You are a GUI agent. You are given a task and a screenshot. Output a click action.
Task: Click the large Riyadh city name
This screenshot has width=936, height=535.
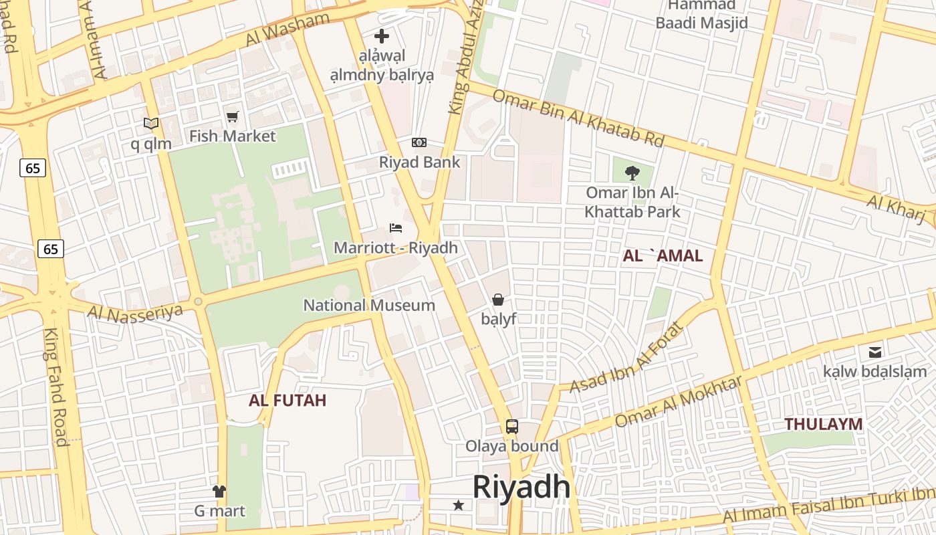tap(521, 487)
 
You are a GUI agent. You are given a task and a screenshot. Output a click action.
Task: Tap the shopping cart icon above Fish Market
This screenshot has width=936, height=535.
tap(232, 117)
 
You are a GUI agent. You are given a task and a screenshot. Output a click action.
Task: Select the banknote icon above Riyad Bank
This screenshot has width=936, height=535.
tap(419, 142)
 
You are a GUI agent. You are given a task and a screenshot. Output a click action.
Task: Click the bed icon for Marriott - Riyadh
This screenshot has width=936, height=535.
tap(396, 228)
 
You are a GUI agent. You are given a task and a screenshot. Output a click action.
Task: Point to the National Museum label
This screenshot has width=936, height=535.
tap(369, 306)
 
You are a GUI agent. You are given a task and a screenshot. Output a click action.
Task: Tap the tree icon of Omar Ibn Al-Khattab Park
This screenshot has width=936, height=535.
tap(632, 173)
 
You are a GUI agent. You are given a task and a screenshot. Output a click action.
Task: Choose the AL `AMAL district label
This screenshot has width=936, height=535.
tap(663, 255)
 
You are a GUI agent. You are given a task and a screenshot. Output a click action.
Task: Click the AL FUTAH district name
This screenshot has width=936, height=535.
tap(287, 401)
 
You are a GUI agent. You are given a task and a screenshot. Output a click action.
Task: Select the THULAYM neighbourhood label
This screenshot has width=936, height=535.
tap(823, 424)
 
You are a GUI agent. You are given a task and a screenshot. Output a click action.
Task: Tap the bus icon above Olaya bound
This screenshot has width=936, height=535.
tap(511, 426)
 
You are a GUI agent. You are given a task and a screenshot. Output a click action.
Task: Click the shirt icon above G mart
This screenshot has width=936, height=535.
tap(219, 492)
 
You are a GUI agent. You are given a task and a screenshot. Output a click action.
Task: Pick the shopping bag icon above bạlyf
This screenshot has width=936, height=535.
tap(498, 299)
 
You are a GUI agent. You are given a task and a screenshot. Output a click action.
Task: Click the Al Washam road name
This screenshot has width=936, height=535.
tap(287, 29)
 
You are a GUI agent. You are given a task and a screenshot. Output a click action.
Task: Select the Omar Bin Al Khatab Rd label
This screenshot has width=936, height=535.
tap(578, 118)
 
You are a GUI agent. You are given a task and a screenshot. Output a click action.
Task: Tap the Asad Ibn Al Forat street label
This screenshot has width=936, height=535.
tap(628, 358)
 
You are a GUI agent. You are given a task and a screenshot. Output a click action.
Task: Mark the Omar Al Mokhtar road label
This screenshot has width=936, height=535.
tap(678, 401)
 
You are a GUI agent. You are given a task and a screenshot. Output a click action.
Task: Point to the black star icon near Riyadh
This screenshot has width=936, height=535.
tap(459, 505)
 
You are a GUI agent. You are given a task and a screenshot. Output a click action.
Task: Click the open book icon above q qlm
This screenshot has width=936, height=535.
tap(151, 124)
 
